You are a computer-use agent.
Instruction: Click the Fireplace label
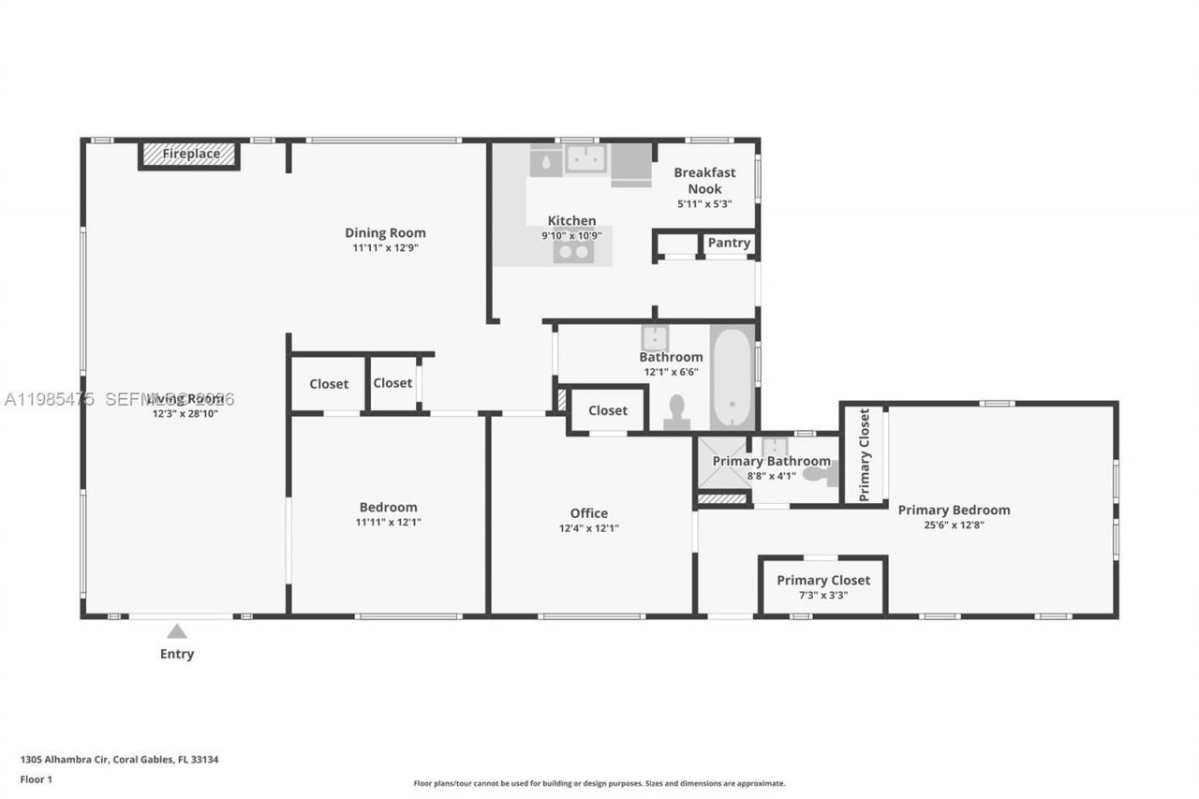pos(191,154)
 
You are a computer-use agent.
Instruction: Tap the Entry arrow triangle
pos(177,631)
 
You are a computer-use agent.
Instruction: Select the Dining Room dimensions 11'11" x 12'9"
pos(385,248)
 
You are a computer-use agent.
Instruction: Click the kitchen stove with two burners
pos(573,251)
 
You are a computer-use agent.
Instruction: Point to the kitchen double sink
pos(585,159)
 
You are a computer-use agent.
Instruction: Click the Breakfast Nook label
pos(704,180)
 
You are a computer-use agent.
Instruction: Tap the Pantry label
pos(729,243)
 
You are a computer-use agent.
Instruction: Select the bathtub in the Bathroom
pos(732,377)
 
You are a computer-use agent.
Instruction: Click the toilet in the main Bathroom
pos(676,410)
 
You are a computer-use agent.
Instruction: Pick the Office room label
pos(588,512)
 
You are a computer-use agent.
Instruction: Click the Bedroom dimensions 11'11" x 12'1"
pos(388,523)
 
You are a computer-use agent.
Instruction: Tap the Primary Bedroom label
pos(954,510)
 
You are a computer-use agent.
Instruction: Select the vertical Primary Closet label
pos(864,454)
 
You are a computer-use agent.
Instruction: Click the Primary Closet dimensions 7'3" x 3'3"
pos(823,594)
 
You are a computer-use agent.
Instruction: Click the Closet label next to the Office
pos(608,410)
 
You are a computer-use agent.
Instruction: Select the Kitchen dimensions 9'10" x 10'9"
pos(571,236)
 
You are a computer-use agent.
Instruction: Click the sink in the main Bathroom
pos(654,338)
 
